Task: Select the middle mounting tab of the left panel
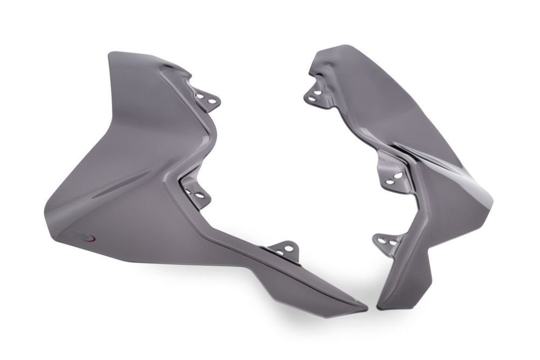click(x=196, y=192)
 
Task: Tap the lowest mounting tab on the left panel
click(x=285, y=250)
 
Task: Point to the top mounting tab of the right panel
click(x=316, y=94)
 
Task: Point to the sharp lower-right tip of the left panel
click(x=365, y=309)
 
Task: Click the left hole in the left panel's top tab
click(x=200, y=96)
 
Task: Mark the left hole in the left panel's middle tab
click(x=189, y=190)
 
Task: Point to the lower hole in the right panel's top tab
click(x=312, y=98)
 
